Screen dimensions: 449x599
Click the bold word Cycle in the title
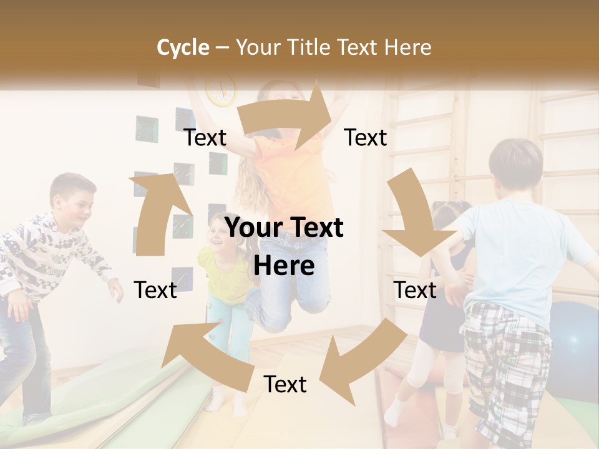(x=183, y=47)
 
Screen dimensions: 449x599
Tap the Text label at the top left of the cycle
(x=205, y=138)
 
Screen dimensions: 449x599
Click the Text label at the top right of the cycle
(x=366, y=138)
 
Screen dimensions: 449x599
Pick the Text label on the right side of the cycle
(x=415, y=290)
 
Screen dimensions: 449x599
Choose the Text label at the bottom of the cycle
(x=285, y=385)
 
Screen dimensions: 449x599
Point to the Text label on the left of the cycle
(x=155, y=290)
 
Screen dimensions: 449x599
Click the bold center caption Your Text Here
(x=284, y=247)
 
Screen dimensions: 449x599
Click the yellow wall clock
(x=222, y=90)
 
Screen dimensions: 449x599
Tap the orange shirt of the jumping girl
(x=293, y=175)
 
